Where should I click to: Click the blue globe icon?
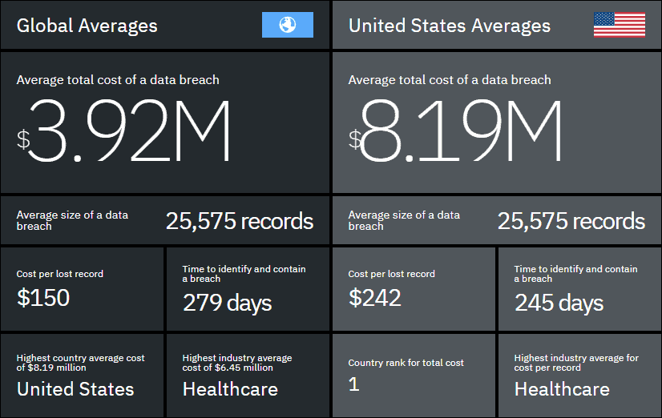click(x=287, y=26)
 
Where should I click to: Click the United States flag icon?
click(x=619, y=25)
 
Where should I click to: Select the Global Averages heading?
click(x=87, y=26)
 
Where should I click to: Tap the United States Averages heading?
click(x=449, y=26)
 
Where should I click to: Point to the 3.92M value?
click(x=132, y=132)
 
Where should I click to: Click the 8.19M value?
click(x=463, y=132)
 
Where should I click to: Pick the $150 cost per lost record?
click(x=43, y=298)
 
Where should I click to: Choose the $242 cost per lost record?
click(x=374, y=298)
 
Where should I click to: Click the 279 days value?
click(x=227, y=303)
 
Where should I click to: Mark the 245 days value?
click(x=559, y=303)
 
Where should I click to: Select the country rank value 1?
click(x=353, y=385)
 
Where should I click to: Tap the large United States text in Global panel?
click(x=75, y=389)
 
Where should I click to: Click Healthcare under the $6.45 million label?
click(x=230, y=389)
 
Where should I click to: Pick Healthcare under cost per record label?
click(x=562, y=389)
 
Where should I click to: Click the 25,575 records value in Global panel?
click(x=240, y=221)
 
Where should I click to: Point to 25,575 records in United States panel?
click(x=571, y=221)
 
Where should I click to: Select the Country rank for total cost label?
click(x=406, y=363)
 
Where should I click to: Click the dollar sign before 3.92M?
click(x=24, y=139)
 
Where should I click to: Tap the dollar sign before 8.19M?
click(x=355, y=139)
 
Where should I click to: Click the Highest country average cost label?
click(x=80, y=363)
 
